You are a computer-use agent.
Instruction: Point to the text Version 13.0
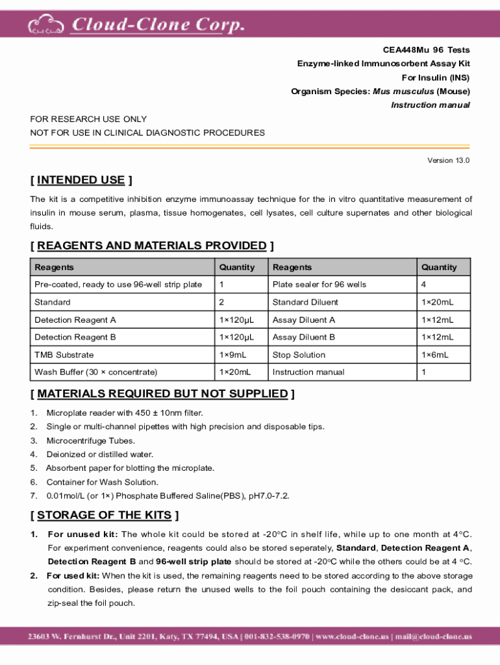point(448,160)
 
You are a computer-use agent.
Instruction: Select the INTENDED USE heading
point(81,180)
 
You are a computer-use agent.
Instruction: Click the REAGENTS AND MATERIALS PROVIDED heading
point(151,245)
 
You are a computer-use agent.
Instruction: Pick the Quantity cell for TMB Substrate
point(234,355)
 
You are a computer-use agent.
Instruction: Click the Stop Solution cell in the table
point(299,355)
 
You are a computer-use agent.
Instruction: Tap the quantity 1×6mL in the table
point(435,355)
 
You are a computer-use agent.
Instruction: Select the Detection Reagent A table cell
point(75,320)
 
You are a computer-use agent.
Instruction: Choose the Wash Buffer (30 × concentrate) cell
point(96,372)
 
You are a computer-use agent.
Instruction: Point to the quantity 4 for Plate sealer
point(424,284)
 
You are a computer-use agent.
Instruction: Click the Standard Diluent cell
point(305,302)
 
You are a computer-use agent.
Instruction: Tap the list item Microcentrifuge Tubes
point(91,440)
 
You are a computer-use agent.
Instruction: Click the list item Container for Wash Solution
point(102,482)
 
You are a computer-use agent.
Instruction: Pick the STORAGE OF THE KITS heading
point(104,515)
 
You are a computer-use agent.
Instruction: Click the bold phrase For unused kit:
point(82,534)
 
